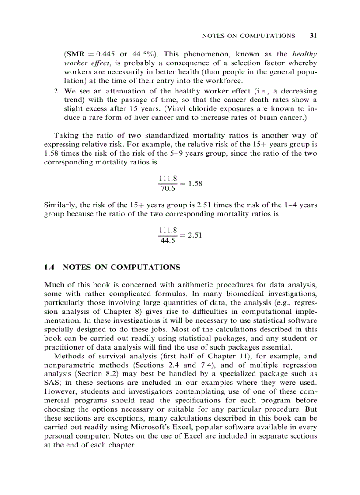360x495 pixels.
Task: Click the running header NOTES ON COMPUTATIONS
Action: [x=248, y=36]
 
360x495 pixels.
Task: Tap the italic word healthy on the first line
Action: [x=304, y=54]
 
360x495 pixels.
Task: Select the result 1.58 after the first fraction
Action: [x=195, y=183]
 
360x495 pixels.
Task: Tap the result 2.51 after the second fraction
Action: [x=195, y=235]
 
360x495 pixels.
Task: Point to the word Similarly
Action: [x=60, y=205]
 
